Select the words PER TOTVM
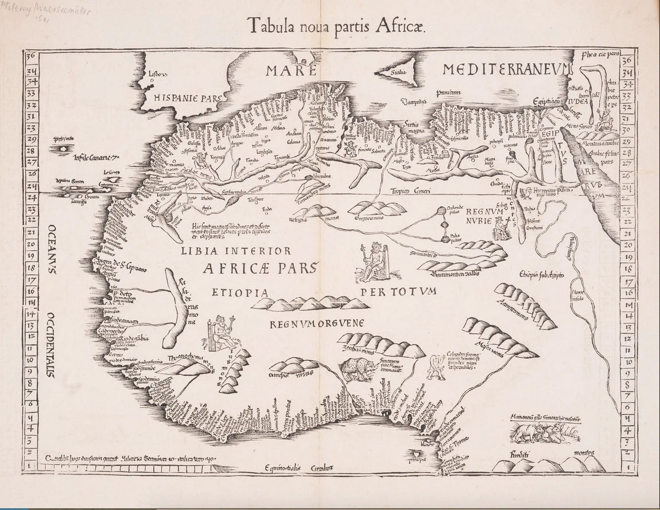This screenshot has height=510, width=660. pos(399,291)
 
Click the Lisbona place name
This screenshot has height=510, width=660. pos(157,74)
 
